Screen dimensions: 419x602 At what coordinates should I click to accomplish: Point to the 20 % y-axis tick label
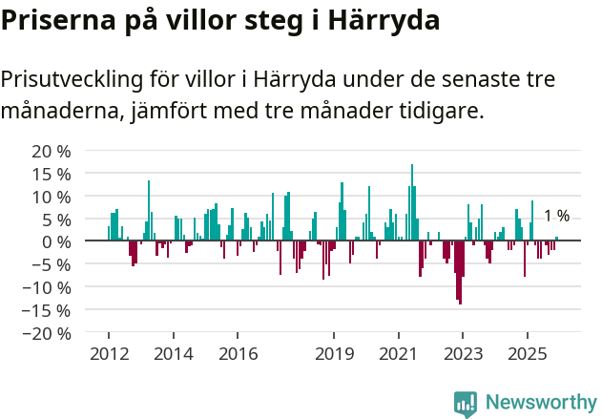click(x=51, y=151)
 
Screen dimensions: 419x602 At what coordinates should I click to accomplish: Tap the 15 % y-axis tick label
click(x=51, y=174)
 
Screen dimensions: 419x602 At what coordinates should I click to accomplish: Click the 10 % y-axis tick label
click(x=51, y=197)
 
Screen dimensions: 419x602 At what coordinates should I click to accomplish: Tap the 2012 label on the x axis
click(x=108, y=354)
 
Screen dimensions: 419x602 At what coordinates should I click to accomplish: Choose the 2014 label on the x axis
click(x=173, y=354)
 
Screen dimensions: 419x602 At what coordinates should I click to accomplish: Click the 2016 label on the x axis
click(x=238, y=354)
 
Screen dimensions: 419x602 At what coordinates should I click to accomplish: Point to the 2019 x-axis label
click(x=334, y=354)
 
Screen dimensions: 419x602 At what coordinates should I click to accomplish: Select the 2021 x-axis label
click(x=398, y=354)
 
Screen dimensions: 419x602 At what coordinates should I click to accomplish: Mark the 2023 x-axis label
click(x=463, y=354)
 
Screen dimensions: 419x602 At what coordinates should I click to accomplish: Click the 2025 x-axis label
click(x=528, y=354)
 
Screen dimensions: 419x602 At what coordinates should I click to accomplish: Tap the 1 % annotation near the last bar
click(x=556, y=217)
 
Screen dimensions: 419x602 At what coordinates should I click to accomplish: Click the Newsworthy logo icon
click(x=466, y=404)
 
